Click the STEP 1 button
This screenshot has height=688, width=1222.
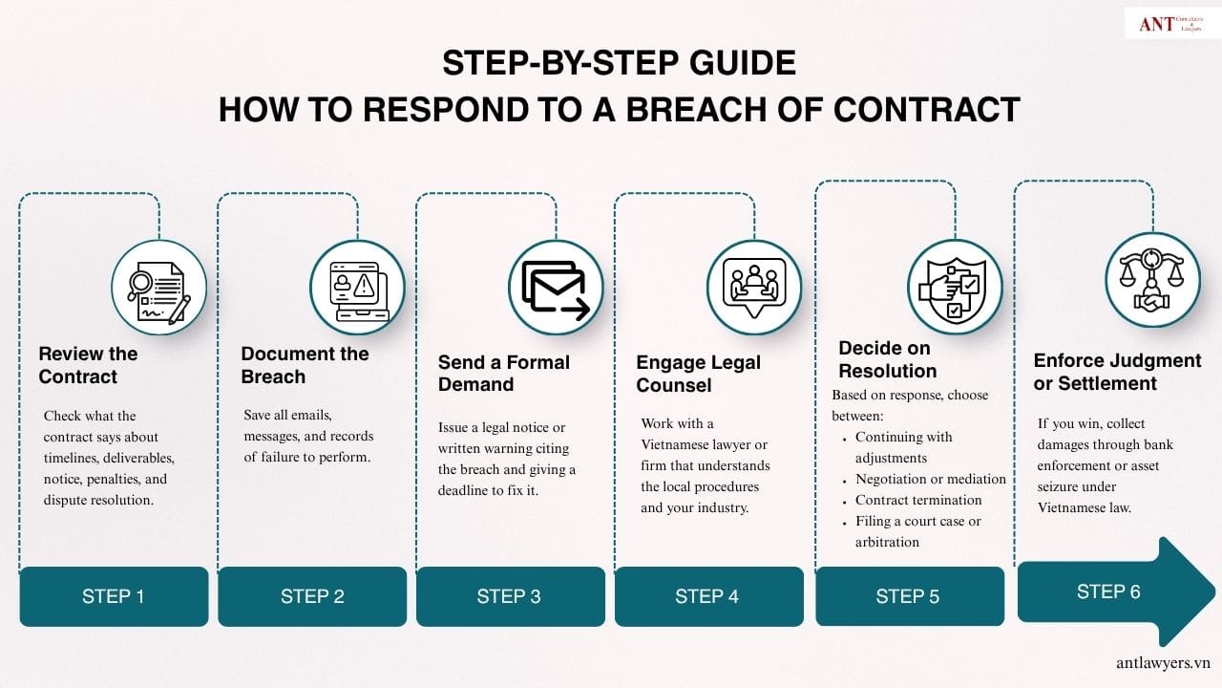[114, 597]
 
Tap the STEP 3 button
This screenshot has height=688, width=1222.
[510, 597]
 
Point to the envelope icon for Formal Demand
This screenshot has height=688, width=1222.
[557, 288]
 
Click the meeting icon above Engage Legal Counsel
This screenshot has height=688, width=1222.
[755, 287]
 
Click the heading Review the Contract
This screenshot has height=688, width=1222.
[88, 365]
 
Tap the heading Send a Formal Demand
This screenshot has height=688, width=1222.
[503, 374]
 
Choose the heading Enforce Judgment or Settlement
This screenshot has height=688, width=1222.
[1117, 372]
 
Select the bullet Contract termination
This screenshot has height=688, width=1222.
[918, 500]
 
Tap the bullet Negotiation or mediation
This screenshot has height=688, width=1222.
[930, 479]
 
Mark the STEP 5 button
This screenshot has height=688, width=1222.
[908, 597]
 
